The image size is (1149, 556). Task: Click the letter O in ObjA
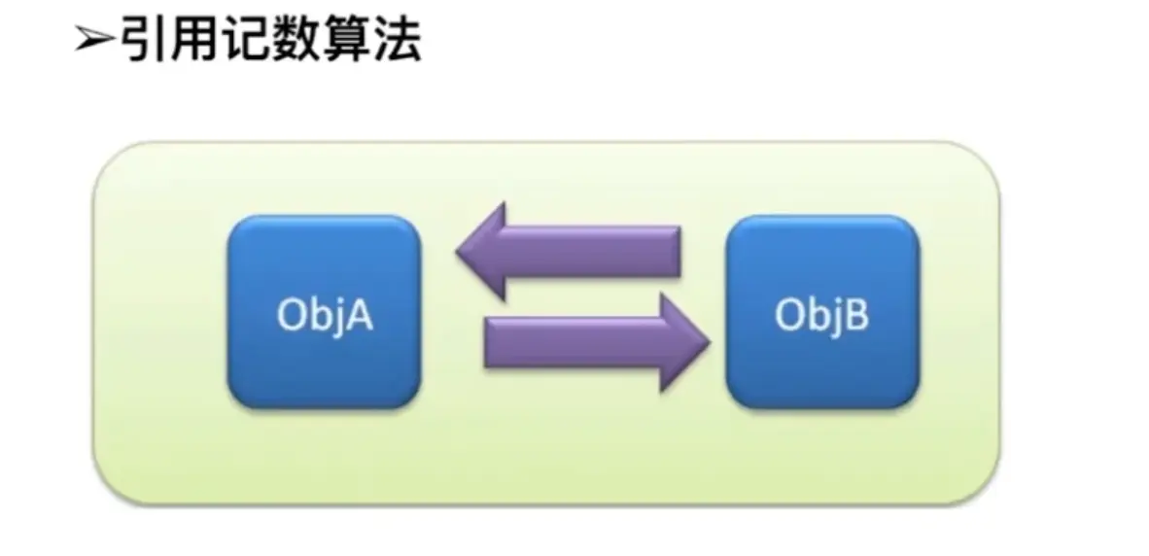292,317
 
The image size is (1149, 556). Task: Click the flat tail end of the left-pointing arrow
675,251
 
